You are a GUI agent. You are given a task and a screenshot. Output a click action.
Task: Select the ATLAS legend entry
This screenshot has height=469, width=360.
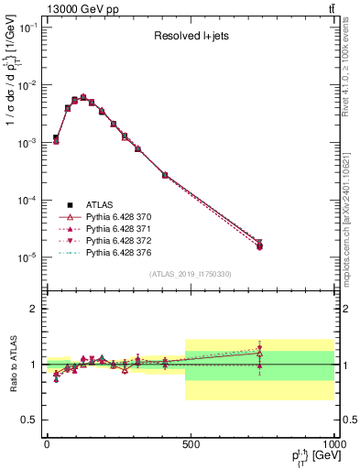98,204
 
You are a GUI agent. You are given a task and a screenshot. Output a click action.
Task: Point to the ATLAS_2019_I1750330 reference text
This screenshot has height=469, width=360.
190,274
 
